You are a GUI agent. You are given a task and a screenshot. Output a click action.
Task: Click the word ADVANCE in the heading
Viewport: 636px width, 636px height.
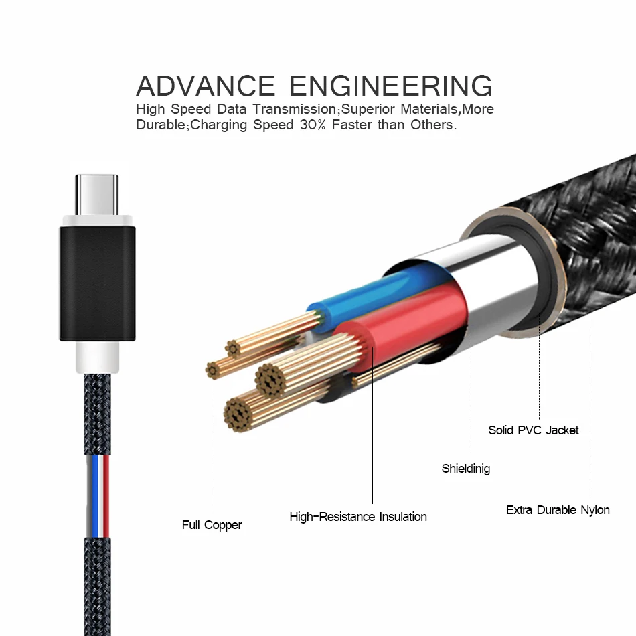pos(206,86)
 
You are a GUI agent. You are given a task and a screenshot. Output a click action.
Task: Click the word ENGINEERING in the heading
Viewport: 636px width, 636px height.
pos(392,86)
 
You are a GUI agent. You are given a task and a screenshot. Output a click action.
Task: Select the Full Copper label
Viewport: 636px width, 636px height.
pos(212,525)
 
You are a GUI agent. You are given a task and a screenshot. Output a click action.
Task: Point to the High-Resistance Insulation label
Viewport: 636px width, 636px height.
pos(358,517)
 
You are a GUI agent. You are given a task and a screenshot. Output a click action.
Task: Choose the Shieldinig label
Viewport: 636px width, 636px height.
pos(466,469)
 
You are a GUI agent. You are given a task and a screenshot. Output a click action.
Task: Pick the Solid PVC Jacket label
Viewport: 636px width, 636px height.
pos(534,430)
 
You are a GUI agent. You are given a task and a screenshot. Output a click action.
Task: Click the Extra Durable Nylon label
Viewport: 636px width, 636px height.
pos(558,510)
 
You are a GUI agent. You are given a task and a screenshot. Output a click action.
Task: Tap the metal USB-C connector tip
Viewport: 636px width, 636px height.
pos(97,193)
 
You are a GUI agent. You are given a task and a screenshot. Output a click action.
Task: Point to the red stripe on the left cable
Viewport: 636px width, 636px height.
pos(106,495)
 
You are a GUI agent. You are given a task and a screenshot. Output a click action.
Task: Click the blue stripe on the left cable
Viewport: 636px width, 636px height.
pos(96,495)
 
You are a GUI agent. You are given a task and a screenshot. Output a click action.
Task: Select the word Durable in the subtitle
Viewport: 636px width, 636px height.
pos(160,125)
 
